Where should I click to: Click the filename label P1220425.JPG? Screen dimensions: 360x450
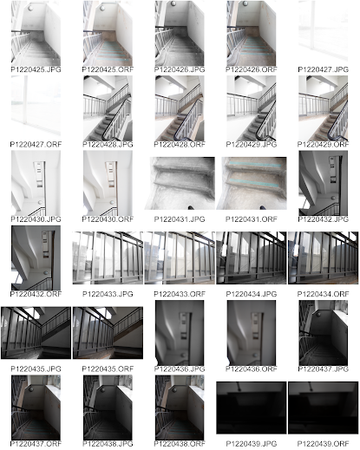pos(36,69)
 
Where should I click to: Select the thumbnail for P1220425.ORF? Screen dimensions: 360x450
pos(108,33)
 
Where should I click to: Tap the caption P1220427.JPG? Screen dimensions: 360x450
pos(323,69)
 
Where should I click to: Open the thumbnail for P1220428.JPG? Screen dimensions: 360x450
pos(108,108)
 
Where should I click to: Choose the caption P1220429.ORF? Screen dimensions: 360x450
pos(323,144)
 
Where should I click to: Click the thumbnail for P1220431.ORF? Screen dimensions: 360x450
pos(252,183)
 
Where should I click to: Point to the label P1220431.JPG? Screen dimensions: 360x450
pos(180,219)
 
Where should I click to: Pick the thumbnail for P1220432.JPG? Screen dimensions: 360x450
pos(323,183)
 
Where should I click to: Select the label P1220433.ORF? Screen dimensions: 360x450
pos(180,294)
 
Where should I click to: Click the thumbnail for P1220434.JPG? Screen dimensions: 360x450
pos(252,258)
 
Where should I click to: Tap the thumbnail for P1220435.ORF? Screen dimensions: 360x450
pos(108,333)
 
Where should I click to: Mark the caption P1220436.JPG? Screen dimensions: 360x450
pos(180,369)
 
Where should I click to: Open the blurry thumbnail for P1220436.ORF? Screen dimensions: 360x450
pos(252,333)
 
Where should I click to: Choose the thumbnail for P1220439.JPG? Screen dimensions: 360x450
pos(252,408)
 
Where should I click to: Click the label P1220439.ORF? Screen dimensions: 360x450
pos(323,444)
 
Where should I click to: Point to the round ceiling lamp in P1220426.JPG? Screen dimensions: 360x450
pos(173,3)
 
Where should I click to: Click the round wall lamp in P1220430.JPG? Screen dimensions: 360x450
pos(40,202)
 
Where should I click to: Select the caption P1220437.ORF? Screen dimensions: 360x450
pos(36,444)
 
